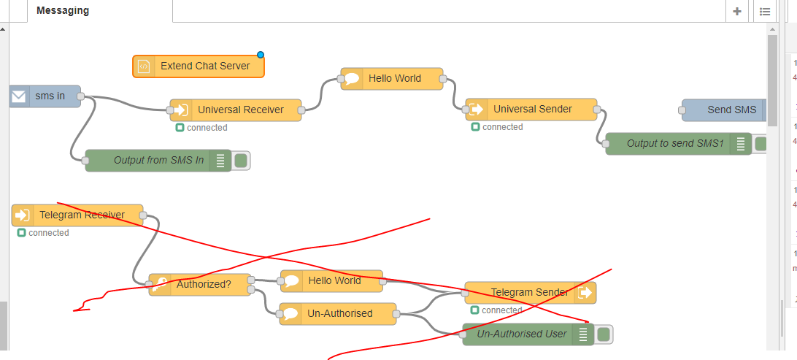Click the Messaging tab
tap(63, 11)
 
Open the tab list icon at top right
tap(764, 11)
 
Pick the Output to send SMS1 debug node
tap(671, 144)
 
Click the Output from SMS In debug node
tap(156, 160)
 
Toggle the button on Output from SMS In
tap(242, 160)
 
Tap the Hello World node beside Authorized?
tap(331, 280)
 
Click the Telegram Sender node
tap(530, 292)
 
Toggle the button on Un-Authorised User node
tap(604, 334)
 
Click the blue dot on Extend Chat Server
tap(260, 55)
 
